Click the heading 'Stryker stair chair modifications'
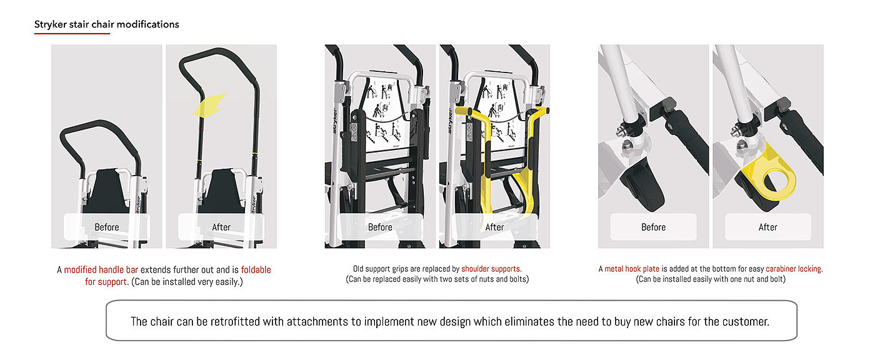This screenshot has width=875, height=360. (107, 24)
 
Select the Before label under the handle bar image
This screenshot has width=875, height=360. (107, 227)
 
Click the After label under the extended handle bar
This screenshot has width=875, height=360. (221, 227)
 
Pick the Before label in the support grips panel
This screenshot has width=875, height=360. (380, 227)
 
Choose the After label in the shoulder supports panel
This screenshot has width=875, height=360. (494, 227)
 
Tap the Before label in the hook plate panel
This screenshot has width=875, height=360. (653, 227)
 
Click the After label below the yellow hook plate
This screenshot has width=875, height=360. (767, 227)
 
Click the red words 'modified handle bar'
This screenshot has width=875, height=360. (101, 270)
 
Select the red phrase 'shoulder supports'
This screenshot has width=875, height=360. (491, 269)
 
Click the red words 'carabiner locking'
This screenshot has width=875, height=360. (794, 269)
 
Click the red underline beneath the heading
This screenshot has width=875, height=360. (72, 33)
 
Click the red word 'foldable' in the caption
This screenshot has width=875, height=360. (256, 270)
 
